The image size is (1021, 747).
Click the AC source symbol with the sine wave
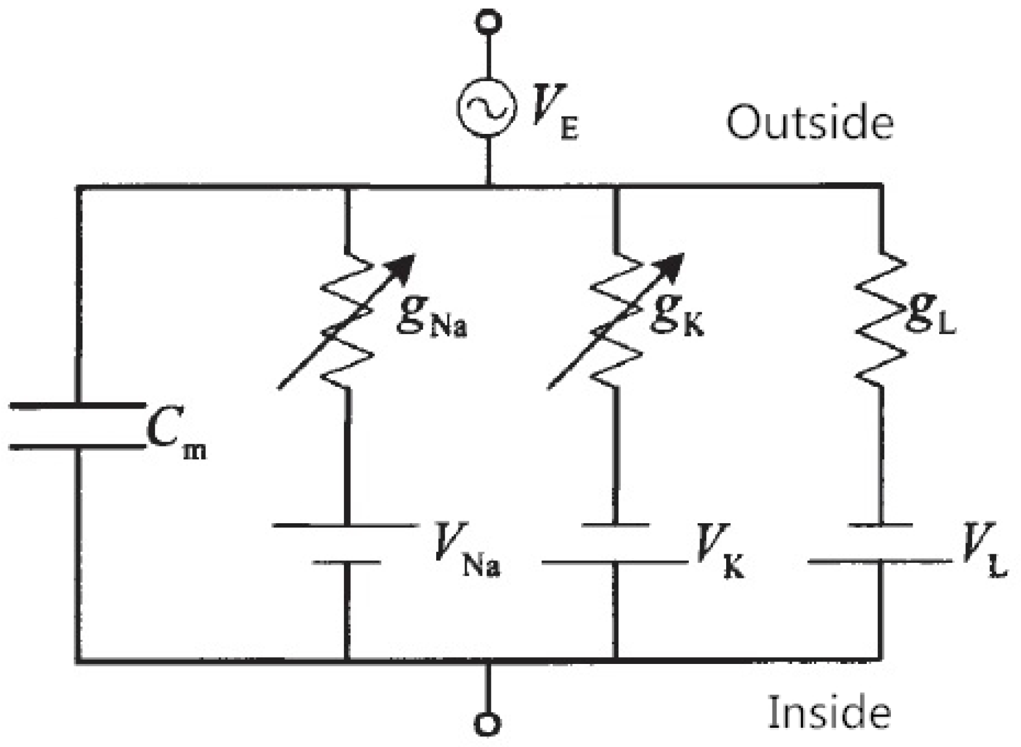[486, 107]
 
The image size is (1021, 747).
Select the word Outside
[809, 122]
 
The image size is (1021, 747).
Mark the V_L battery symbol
[880, 544]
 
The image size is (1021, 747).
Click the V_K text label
[719, 552]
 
